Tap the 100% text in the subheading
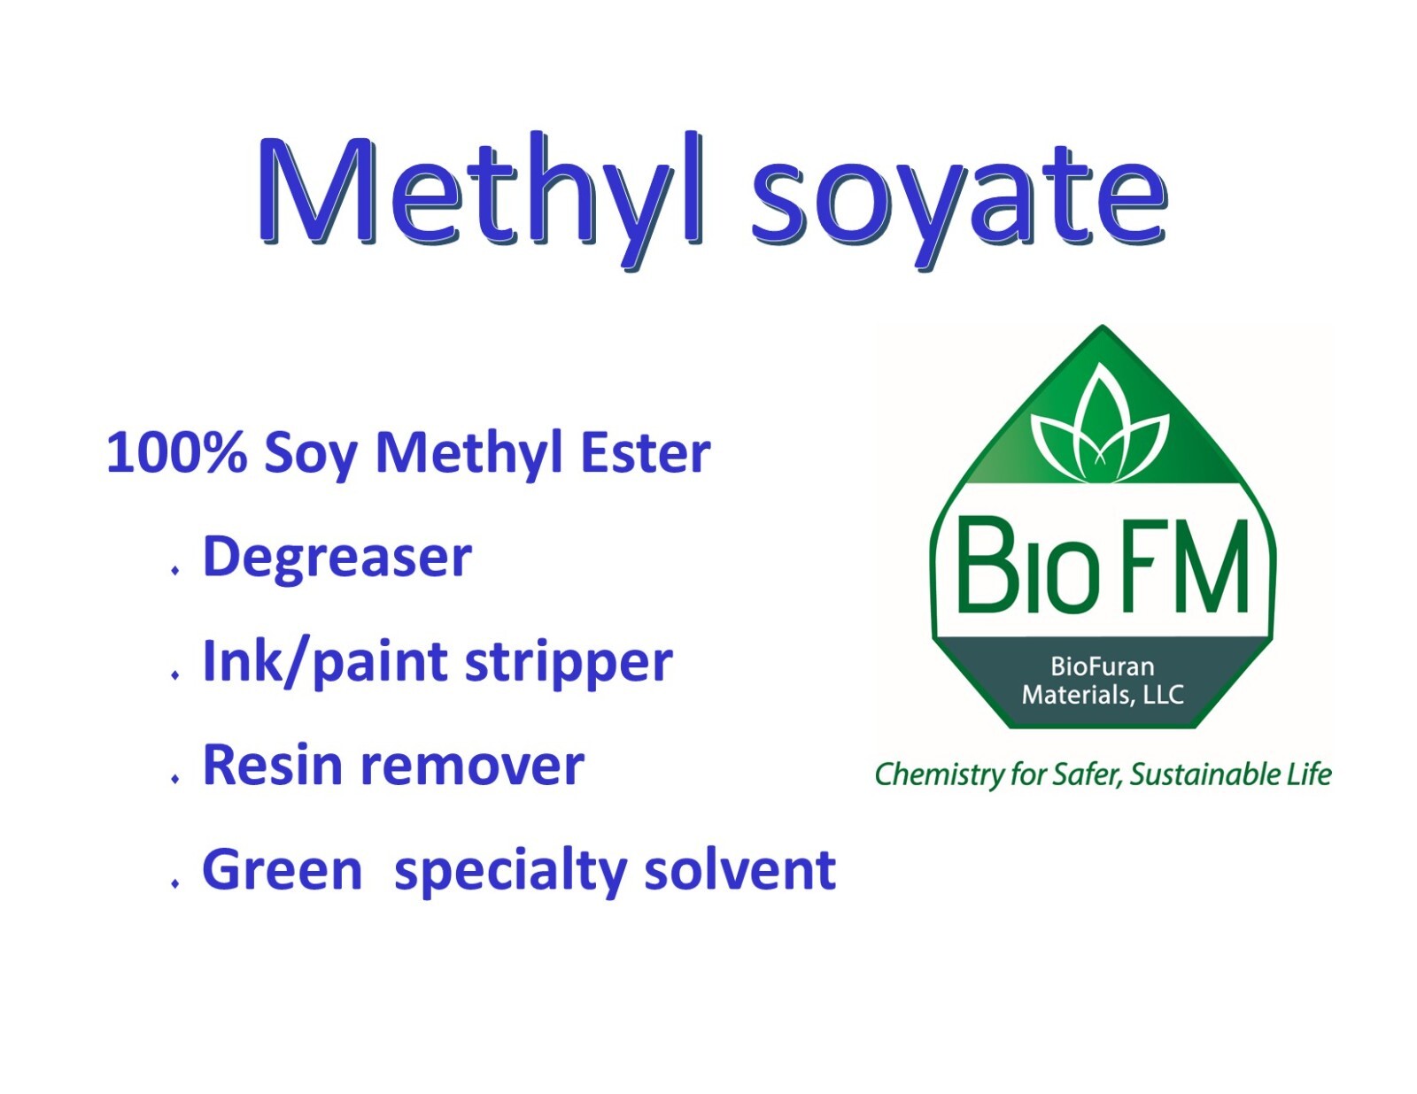[x=176, y=452]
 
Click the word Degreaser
[x=337, y=558]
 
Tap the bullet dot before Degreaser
[x=175, y=571]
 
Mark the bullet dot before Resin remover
[x=175, y=779]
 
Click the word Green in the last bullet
[x=283, y=870]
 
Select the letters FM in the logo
[x=1187, y=566]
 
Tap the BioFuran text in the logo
[x=1103, y=666]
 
